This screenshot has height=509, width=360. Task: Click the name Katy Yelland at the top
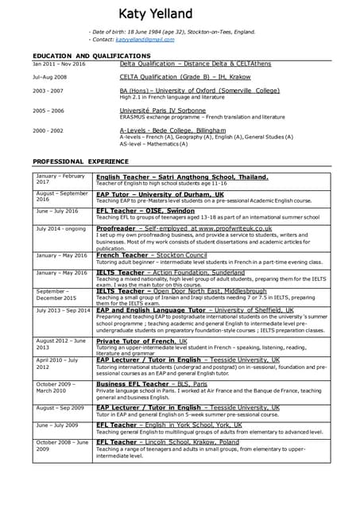click(x=156, y=14)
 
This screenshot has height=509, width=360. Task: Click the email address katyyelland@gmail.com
click(x=144, y=39)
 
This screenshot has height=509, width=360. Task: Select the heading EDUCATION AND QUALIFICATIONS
click(x=91, y=56)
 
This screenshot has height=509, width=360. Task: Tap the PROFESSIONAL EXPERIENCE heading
click(x=80, y=161)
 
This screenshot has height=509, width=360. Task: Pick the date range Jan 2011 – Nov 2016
click(x=59, y=64)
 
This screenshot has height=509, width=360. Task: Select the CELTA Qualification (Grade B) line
click(x=184, y=77)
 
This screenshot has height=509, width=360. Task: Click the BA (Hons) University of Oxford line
click(x=199, y=91)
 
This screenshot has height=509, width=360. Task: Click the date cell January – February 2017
click(x=60, y=179)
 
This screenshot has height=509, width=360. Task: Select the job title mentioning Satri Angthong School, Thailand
click(x=182, y=177)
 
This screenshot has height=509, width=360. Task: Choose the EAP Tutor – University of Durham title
click(x=160, y=193)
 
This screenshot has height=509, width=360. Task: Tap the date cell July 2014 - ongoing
click(x=60, y=228)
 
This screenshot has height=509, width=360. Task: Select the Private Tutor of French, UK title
click(x=141, y=341)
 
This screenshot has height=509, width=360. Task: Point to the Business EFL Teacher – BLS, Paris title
click(x=151, y=384)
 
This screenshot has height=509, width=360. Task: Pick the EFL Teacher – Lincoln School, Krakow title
click(x=167, y=442)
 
